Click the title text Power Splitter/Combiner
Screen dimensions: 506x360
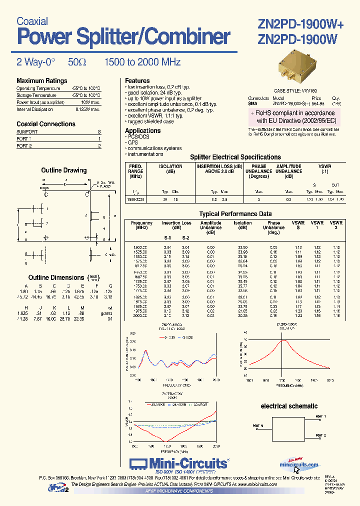(123, 37)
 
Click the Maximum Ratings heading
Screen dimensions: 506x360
(41, 81)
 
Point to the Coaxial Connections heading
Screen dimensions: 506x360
(46, 124)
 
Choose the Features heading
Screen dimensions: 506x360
(137, 80)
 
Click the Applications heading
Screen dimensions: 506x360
(142, 130)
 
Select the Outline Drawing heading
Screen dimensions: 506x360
(63, 170)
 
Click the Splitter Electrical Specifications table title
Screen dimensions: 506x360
(235, 157)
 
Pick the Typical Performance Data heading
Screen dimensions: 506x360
(235, 214)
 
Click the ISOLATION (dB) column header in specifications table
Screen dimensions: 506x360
(170, 168)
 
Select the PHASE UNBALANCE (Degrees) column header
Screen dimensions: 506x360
(258, 171)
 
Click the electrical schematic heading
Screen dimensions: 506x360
(289, 406)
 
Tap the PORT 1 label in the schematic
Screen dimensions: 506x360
(320, 416)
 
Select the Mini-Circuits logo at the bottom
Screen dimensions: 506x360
(180, 463)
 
